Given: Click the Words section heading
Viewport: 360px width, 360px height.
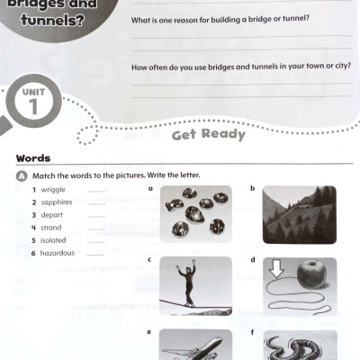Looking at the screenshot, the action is [33, 158].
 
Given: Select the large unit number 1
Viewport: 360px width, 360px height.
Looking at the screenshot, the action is [33, 107].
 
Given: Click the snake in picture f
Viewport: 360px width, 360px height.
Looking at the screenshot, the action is [299, 346].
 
